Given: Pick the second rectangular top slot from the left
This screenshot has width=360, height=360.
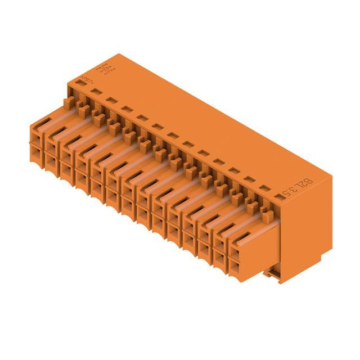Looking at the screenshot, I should point(96,92).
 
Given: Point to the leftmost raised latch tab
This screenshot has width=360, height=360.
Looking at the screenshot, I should point(68,103).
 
